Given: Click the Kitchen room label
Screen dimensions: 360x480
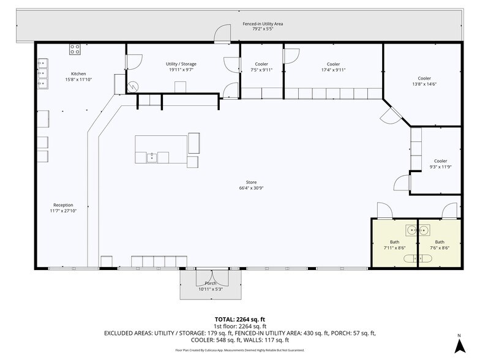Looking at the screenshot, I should [x=78, y=73].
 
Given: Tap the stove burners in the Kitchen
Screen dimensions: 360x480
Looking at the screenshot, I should [x=75, y=48].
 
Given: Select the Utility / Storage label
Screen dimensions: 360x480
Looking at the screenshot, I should [x=181, y=64].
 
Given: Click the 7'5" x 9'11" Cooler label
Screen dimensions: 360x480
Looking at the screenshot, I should [x=261, y=64].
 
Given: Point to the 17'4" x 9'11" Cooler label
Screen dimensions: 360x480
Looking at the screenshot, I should [x=333, y=64].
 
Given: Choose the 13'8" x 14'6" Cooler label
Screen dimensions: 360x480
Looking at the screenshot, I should [x=424, y=78].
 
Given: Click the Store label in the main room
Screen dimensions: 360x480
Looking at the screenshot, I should [x=251, y=182].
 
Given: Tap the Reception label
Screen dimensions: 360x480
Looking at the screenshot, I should [x=63, y=205].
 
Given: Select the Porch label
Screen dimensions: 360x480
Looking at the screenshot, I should [x=210, y=283].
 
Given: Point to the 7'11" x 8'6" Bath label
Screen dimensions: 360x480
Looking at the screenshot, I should [x=394, y=242].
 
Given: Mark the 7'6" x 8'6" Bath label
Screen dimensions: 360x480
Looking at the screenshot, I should [x=440, y=242].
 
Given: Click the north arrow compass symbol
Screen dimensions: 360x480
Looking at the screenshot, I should [x=458, y=343].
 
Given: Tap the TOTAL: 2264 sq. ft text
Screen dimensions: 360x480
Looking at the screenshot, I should [x=239, y=319].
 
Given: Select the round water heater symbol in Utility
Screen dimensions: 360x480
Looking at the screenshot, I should [x=135, y=87].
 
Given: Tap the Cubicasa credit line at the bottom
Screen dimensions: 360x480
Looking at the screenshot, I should [x=239, y=350].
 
